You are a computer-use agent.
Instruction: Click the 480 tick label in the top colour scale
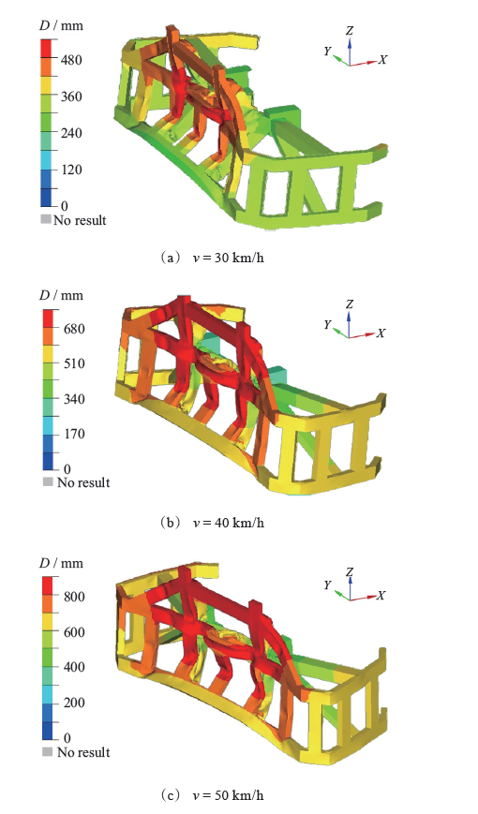tap(71, 60)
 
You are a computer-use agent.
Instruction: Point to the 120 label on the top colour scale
tap(71, 170)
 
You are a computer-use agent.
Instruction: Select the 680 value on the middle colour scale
tap(73, 329)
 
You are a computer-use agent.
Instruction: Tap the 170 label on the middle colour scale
tap(73, 434)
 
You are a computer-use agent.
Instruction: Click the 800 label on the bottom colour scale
tap(74, 597)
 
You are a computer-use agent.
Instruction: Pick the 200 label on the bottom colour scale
tap(74, 703)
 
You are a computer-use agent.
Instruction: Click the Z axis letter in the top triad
tap(350, 31)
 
